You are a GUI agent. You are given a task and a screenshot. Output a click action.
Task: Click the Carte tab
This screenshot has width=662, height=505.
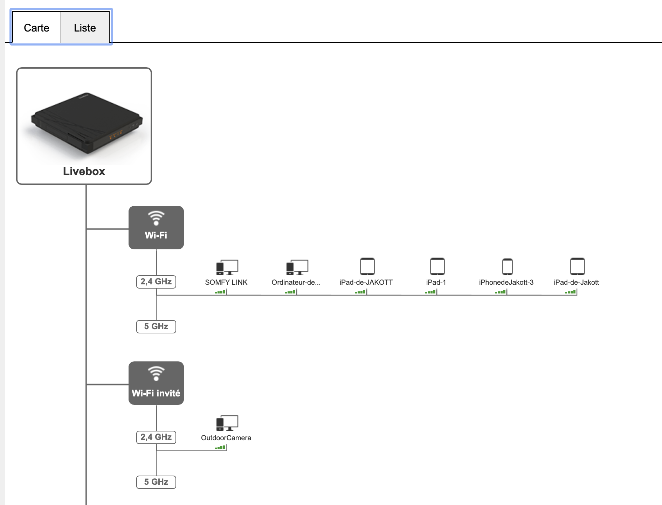(x=36, y=27)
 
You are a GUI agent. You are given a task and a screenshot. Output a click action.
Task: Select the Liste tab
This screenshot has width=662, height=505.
(x=85, y=27)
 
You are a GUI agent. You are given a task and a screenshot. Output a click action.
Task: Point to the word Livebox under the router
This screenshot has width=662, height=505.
(x=84, y=171)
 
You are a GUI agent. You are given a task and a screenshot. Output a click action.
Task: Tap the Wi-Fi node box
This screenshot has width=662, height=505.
(x=156, y=228)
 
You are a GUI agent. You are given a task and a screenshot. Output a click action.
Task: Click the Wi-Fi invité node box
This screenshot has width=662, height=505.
(x=156, y=383)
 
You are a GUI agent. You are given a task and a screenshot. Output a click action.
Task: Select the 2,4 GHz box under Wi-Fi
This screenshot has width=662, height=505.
(x=156, y=282)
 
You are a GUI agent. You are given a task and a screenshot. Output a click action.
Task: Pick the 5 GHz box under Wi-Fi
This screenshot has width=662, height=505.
(x=156, y=326)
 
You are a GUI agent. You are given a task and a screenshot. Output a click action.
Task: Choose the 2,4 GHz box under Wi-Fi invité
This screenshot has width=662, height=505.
(x=156, y=437)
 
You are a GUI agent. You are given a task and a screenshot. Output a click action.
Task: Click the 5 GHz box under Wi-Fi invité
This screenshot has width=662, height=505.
(x=156, y=482)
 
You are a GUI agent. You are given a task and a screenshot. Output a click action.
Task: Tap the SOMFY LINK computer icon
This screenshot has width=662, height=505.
(x=227, y=268)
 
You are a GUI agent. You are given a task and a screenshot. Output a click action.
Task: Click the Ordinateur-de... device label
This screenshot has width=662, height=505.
(x=296, y=282)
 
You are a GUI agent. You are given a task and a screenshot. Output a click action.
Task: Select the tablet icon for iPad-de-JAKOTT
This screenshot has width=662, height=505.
(x=367, y=267)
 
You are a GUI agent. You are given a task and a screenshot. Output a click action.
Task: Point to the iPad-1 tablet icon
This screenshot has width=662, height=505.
(x=437, y=267)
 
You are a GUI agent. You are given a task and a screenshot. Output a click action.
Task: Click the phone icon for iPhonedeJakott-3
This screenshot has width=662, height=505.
(x=508, y=267)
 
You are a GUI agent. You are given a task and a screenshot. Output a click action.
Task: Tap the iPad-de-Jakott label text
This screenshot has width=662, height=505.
(x=576, y=282)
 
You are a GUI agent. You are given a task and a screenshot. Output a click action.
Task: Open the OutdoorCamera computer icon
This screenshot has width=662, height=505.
(x=227, y=423)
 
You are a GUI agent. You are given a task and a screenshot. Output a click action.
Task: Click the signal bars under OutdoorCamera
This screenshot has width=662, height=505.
(x=220, y=447)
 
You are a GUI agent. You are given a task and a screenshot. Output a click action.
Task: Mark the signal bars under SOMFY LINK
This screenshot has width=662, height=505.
(x=220, y=292)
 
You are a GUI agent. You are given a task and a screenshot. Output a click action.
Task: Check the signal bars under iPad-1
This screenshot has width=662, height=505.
(x=430, y=292)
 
